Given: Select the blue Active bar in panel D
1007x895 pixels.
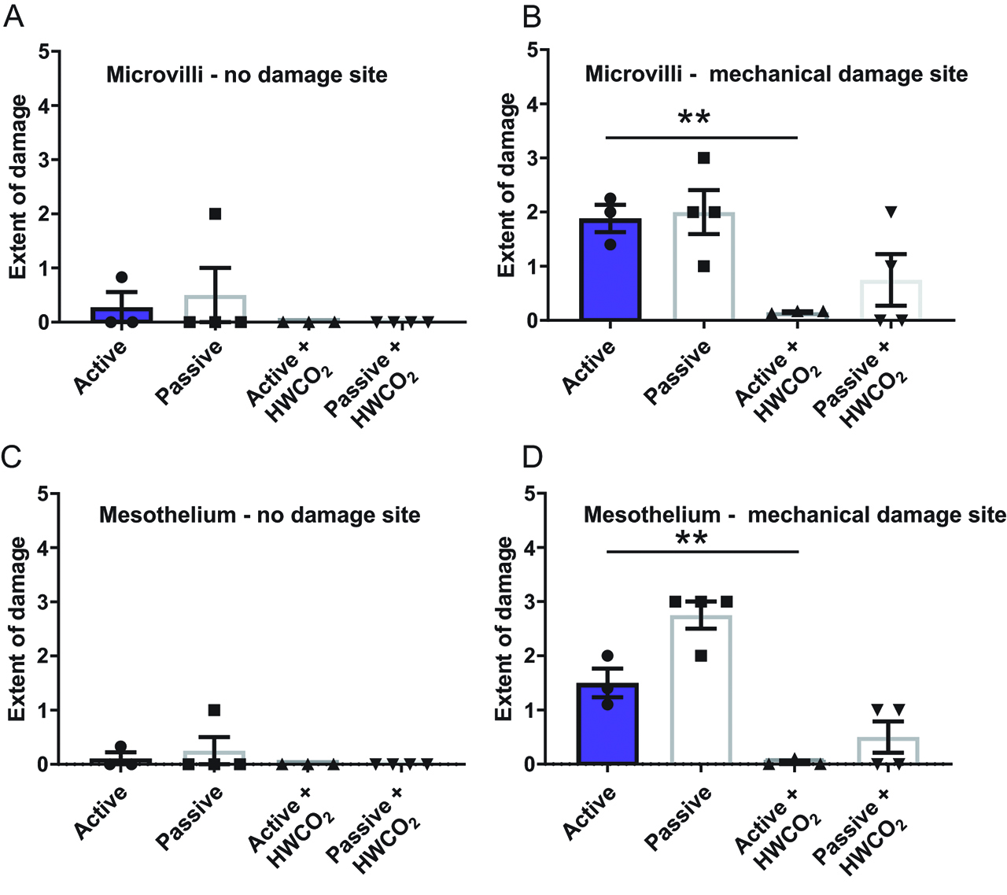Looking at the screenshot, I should point(607,723).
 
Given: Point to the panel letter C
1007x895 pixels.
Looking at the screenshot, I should point(12,457).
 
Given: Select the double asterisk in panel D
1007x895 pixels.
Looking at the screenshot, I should point(692,540).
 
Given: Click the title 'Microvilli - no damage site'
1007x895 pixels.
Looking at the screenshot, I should point(247,76).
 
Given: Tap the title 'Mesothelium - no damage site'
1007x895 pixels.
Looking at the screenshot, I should point(260,516).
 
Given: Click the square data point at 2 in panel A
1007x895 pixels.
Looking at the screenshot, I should point(215,214).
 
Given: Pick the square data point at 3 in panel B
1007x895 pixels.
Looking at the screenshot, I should point(703,158).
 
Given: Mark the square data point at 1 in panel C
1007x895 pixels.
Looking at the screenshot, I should point(214,710).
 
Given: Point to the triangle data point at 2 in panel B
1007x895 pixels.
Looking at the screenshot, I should point(891,212).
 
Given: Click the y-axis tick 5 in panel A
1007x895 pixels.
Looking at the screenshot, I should point(44,52).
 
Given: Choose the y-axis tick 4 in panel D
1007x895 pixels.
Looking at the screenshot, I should point(531,548).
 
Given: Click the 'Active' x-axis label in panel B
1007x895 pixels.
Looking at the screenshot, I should point(589,368).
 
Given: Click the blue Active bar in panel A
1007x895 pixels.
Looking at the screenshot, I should point(121,314).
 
